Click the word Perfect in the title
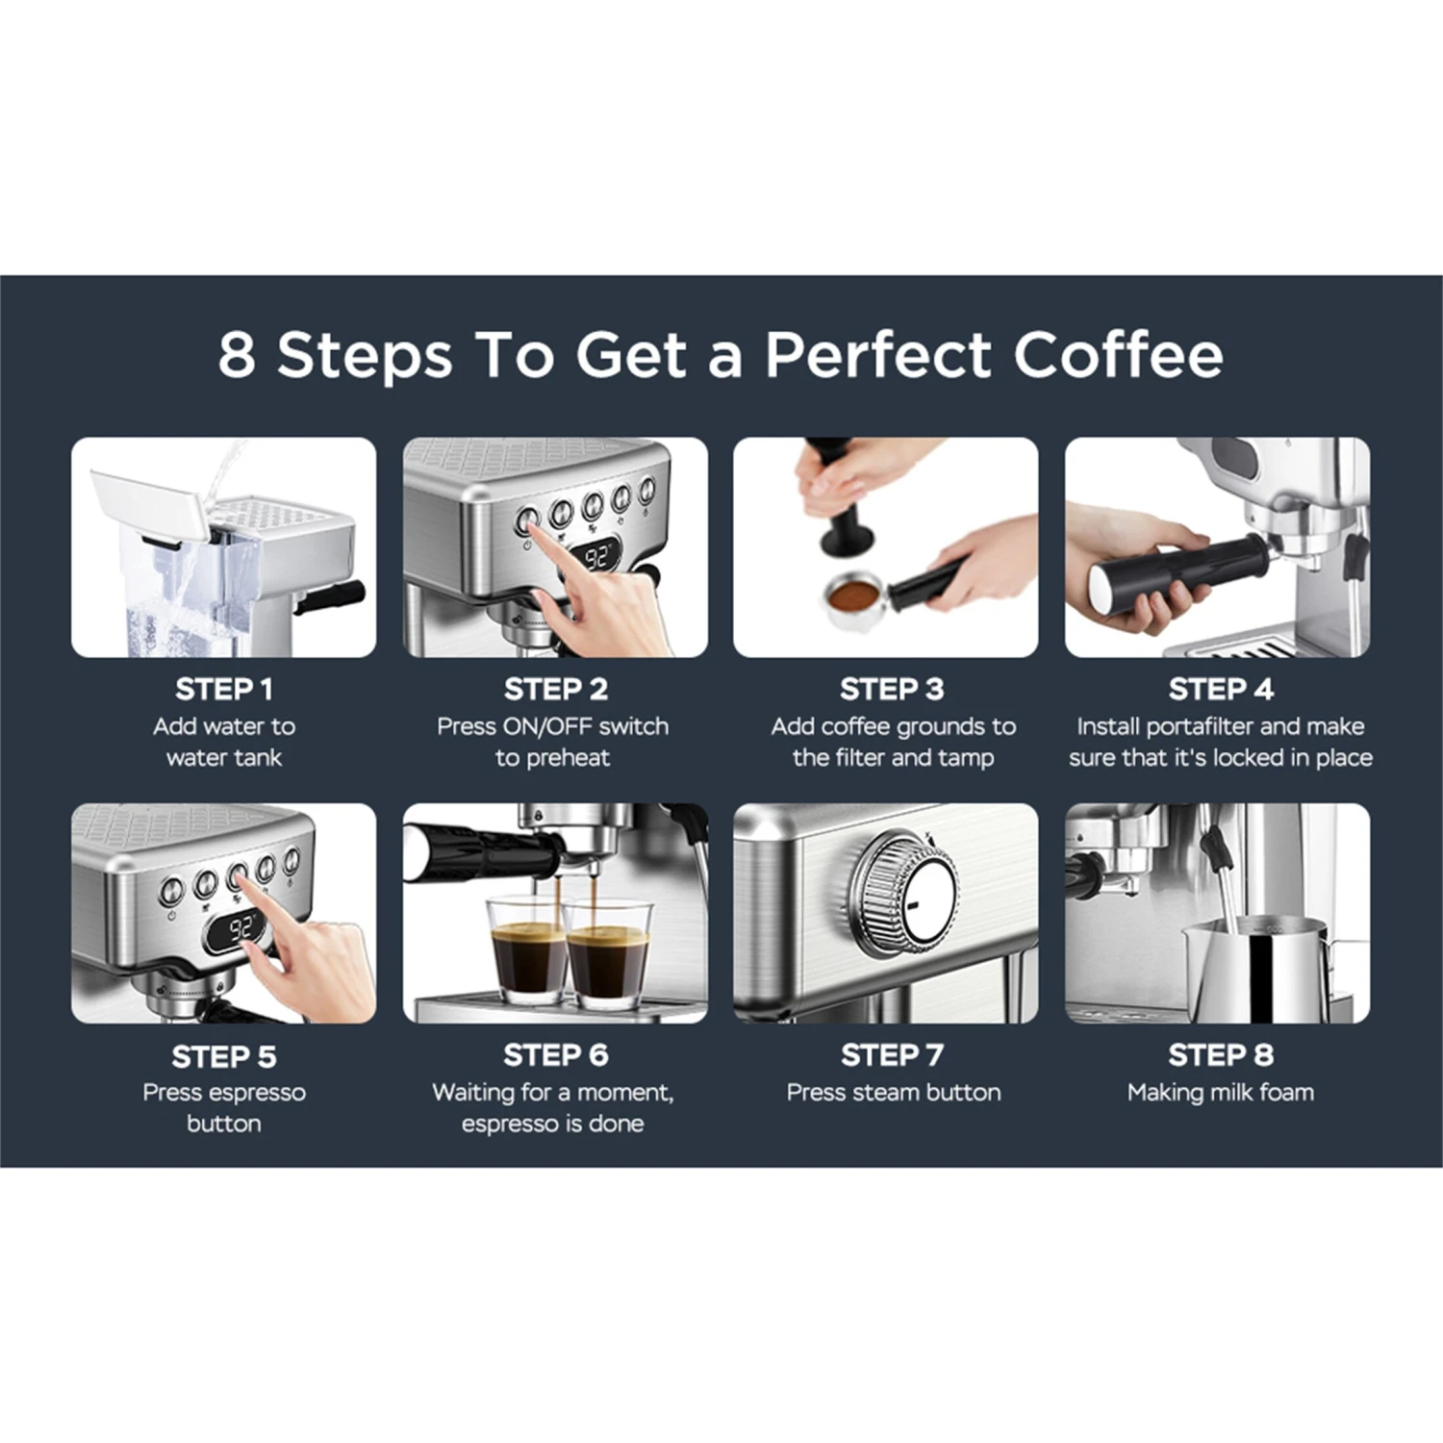[877, 355]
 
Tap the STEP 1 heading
[224, 689]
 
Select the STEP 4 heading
[1220, 689]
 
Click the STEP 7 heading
[892, 1054]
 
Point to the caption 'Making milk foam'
[1220, 1092]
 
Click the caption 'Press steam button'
[893, 1092]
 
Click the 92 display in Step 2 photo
[597, 557]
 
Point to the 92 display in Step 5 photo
[240, 927]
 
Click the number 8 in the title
[237, 355]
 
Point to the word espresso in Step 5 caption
[260, 1092]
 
